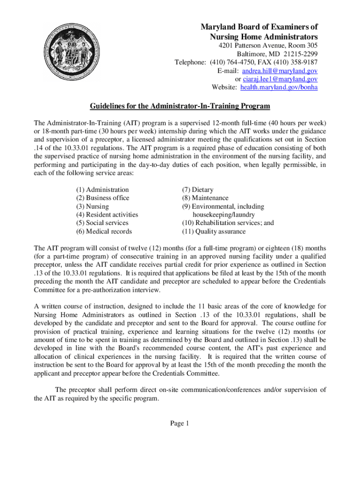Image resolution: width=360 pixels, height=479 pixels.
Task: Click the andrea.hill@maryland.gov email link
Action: (x=279, y=71)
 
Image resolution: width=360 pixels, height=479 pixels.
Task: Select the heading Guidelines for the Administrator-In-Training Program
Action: (x=180, y=106)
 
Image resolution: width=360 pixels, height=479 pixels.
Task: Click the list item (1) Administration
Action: (x=102, y=189)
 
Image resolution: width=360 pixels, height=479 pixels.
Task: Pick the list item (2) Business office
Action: (x=103, y=198)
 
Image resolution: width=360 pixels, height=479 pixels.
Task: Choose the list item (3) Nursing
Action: (x=93, y=206)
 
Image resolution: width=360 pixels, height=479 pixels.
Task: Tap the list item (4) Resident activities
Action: (x=107, y=215)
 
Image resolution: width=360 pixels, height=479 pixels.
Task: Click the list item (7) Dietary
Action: (x=198, y=189)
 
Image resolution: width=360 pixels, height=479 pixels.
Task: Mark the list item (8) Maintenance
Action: (x=205, y=198)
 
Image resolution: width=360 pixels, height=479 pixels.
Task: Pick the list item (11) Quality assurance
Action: (x=214, y=231)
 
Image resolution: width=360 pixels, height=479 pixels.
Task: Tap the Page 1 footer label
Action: (x=180, y=423)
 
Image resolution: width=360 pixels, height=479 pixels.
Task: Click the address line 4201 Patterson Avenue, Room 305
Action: (x=269, y=45)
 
